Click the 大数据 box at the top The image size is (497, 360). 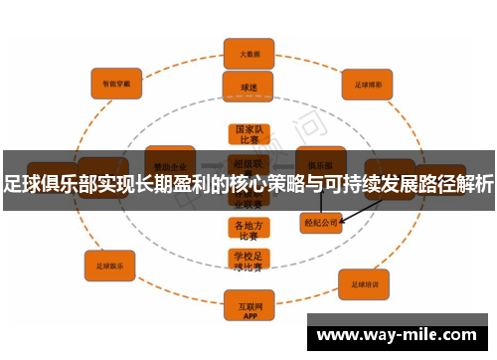tap(248, 53)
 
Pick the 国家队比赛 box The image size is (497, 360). tap(248, 135)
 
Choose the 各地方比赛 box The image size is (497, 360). tap(248, 230)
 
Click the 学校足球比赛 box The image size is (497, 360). tap(248, 261)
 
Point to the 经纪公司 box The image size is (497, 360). tap(321, 222)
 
